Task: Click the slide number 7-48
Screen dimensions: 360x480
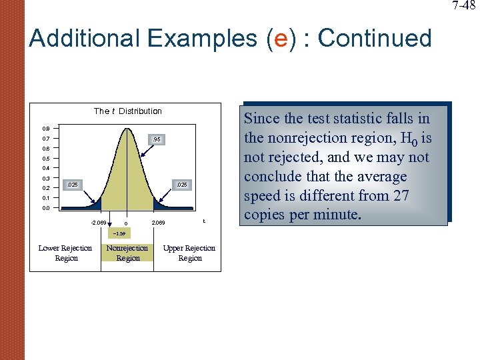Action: (464, 6)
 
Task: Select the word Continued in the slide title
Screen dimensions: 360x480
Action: (375, 39)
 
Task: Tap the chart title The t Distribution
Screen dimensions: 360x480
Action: (128, 111)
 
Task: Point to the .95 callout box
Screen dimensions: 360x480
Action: (155, 139)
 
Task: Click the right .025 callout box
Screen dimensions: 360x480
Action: (180, 184)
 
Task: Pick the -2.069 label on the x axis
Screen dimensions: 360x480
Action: (97, 222)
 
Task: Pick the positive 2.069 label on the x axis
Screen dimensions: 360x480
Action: (159, 222)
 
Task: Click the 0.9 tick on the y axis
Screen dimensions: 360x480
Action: (46, 128)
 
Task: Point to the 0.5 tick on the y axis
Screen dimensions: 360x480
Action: (46, 159)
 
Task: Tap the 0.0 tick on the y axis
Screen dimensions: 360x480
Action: (46, 208)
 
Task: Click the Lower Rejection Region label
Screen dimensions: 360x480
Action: (65, 253)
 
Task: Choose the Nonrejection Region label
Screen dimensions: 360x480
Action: (128, 253)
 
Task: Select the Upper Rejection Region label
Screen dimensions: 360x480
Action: (189, 253)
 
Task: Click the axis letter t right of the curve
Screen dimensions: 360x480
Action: (204, 221)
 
